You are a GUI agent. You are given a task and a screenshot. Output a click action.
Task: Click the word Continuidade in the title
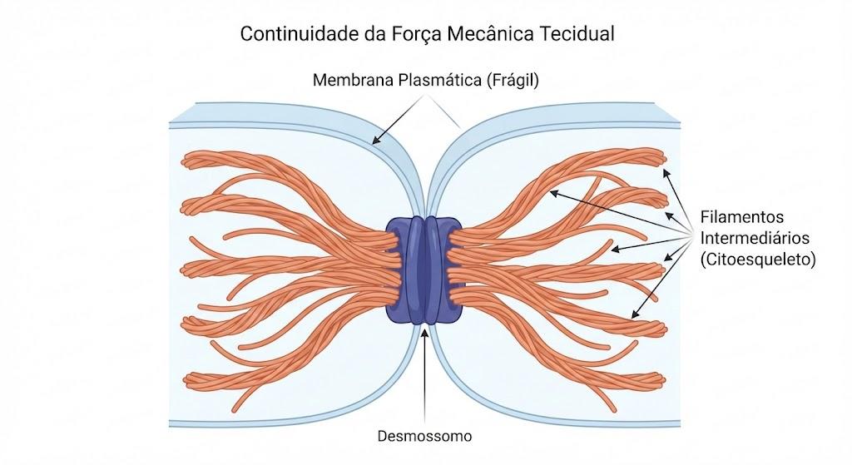coord(300,33)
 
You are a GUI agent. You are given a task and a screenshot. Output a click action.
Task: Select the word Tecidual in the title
coord(577,33)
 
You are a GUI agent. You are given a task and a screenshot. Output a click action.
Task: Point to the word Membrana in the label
coord(353,81)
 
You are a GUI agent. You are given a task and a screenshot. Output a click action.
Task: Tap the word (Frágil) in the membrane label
coord(513,81)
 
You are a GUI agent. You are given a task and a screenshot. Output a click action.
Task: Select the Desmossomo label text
coord(424,436)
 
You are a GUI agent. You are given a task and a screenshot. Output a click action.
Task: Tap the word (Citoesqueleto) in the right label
coord(757,259)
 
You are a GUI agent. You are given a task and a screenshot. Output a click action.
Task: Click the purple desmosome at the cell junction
coord(424,270)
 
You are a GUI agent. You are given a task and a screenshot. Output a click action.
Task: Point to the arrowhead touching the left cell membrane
coord(376,141)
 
